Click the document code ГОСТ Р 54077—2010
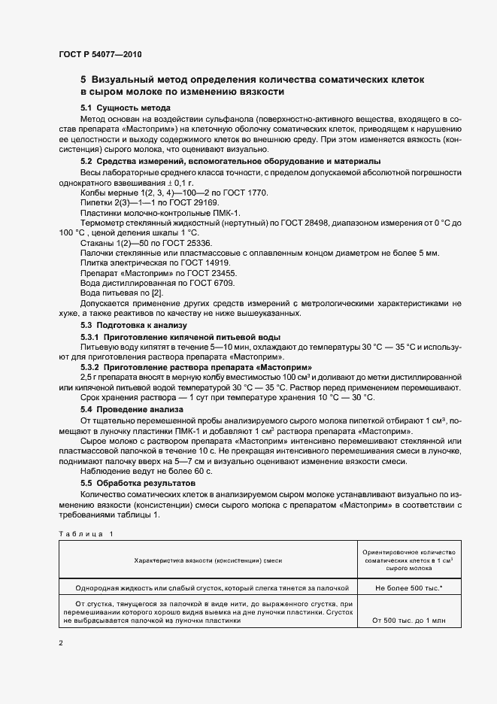tap(99, 54)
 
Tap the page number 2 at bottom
tap(61, 644)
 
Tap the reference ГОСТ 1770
tap(245, 193)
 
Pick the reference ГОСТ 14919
tap(198, 264)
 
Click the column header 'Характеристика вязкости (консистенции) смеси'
tap(208, 560)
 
